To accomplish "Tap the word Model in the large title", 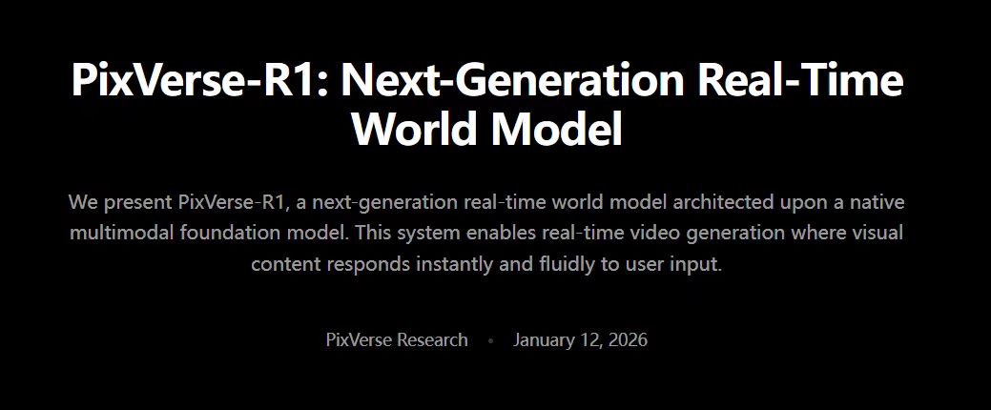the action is pyautogui.click(x=557, y=129).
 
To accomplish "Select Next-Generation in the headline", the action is pyautogui.click(x=512, y=80).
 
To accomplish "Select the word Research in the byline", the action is pyautogui.click(x=432, y=339).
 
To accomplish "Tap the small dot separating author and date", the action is pyautogui.click(x=490, y=340).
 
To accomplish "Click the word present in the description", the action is pyautogui.click(x=137, y=203).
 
